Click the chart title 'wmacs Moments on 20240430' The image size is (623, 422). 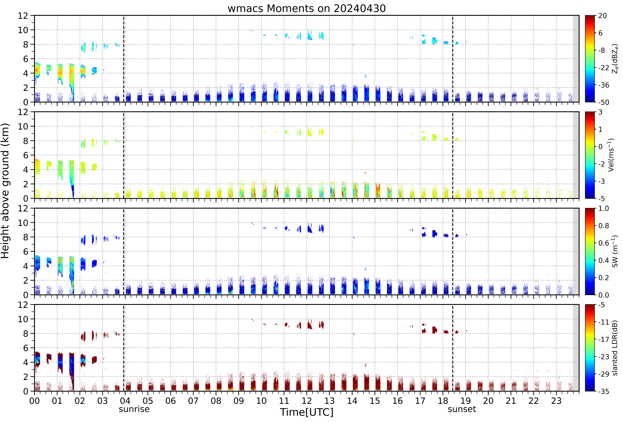click(307, 9)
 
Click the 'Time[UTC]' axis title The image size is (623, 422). click(307, 412)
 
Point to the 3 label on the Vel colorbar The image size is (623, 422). click(600, 112)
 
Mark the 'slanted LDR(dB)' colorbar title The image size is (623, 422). click(615, 348)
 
